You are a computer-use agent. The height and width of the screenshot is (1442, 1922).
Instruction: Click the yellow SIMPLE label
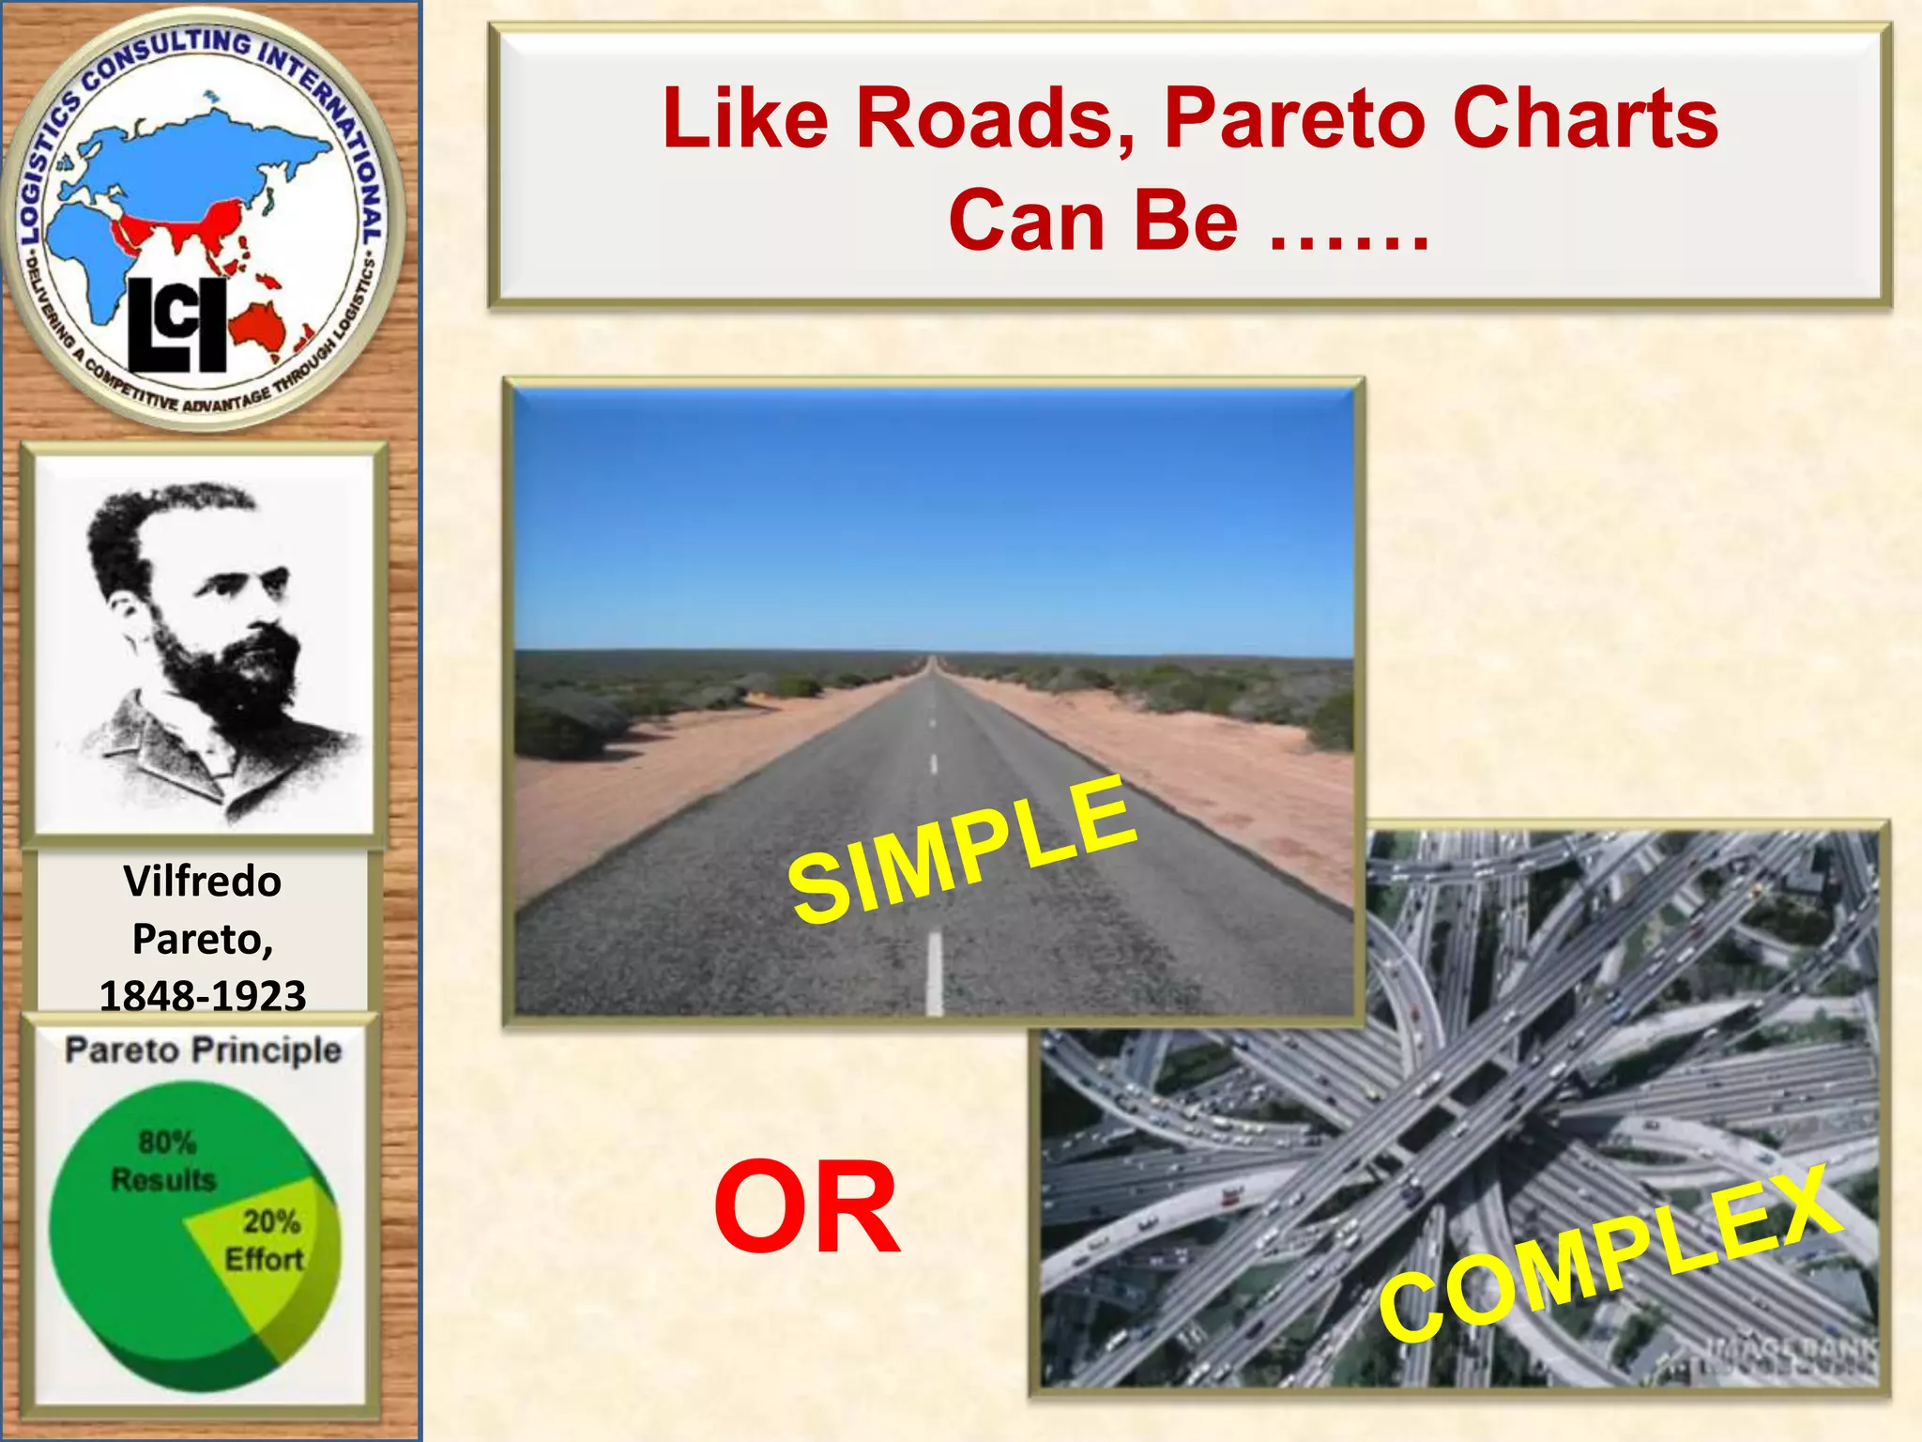(963, 850)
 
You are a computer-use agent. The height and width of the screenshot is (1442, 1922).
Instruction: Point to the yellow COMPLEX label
(1610, 1253)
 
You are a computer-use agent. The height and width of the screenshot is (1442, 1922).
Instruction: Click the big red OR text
(807, 1207)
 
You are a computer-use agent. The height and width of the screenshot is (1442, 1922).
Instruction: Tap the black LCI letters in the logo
(177, 324)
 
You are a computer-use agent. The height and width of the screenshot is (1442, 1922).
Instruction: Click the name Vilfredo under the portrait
(203, 882)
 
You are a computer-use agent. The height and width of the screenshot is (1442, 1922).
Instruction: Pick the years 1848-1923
(203, 995)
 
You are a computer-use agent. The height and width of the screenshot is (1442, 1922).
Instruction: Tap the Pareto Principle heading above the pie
(203, 1050)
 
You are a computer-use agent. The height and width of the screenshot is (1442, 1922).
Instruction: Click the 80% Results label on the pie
(165, 1161)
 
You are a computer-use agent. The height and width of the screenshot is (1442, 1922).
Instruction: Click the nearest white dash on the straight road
(934, 972)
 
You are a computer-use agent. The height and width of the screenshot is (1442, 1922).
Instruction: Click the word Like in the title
(745, 119)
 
